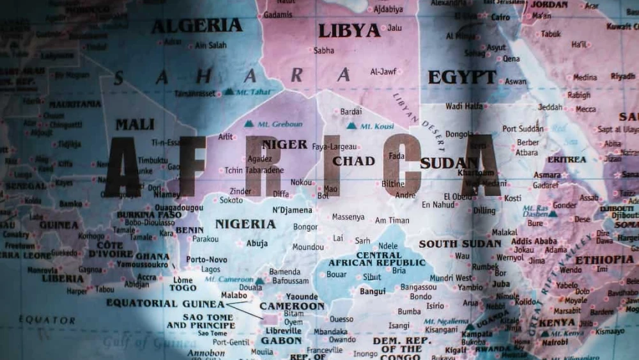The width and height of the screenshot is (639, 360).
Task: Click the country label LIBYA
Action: point(349,30)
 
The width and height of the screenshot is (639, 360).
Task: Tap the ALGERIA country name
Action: point(196,26)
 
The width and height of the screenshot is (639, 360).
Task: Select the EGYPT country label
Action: point(462,77)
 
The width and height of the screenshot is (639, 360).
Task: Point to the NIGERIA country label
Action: point(245,224)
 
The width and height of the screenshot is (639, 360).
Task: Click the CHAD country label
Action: point(353,161)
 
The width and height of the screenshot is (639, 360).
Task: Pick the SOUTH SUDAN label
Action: point(460,244)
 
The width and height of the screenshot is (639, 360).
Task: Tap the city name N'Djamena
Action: point(293,210)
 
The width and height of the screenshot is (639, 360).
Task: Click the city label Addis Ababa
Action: point(534,241)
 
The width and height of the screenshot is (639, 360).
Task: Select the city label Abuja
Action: point(257,243)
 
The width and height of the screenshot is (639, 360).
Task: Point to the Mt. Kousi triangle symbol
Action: point(351,126)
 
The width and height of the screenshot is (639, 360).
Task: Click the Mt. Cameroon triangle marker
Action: point(259,281)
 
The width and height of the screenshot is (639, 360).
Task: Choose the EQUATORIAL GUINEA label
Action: point(166,303)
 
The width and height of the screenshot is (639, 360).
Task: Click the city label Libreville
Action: point(283,331)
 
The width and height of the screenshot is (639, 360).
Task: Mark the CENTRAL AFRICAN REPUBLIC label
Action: point(377,259)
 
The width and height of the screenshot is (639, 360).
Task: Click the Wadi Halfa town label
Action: point(464,106)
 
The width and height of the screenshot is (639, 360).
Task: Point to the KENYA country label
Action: point(557,322)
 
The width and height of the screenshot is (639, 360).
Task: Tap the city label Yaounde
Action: point(302,297)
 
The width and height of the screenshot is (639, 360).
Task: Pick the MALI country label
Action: point(134,124)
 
